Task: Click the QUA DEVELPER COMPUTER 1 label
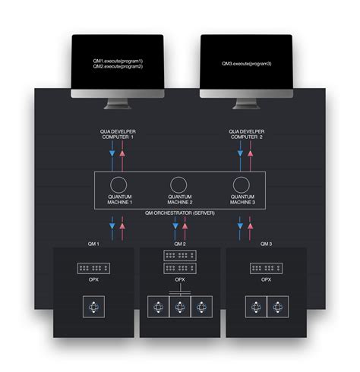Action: pos(118,134)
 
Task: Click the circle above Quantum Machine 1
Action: pos(118,185)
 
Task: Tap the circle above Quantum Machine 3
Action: pos(241,185)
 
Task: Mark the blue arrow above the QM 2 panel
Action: pos(174,225)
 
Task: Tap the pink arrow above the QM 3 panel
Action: pos(248,225)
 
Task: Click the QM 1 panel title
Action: pos(95,244)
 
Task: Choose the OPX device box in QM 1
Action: pos(95,268)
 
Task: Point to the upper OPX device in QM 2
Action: pos(180,256)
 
